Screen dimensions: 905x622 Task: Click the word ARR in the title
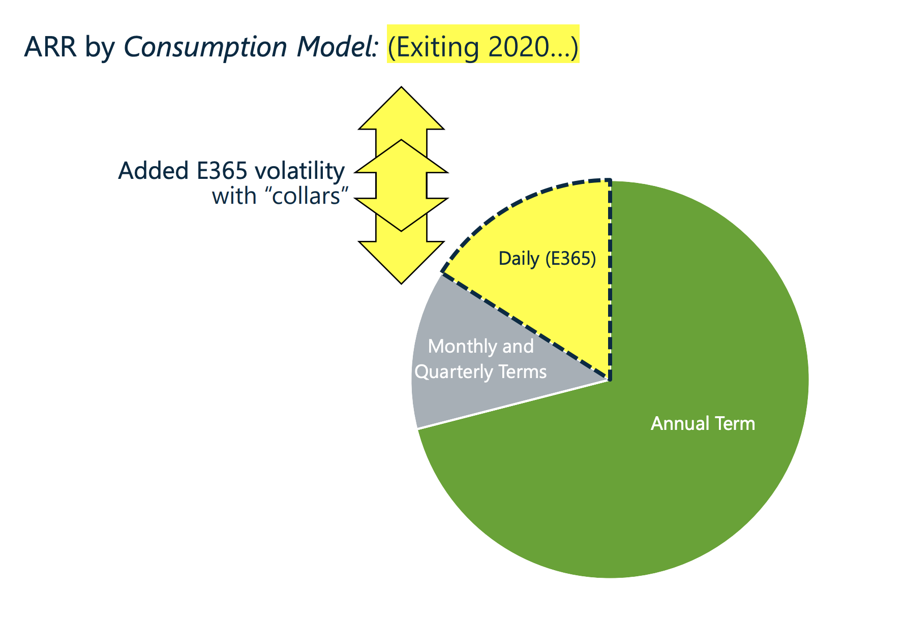[x=50, y=47]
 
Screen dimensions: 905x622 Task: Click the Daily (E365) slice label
[x=547, y=259]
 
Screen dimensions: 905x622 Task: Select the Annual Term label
[x=703, y=423]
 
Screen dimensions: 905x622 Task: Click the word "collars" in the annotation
[x=310, y=196]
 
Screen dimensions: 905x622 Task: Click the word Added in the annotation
[x=154, y=171]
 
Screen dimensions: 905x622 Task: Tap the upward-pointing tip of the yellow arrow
[x=402, y=87]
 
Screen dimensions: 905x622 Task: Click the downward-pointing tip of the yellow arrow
[x=402, y=284]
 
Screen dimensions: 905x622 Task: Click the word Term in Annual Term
[x=735, y=423]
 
